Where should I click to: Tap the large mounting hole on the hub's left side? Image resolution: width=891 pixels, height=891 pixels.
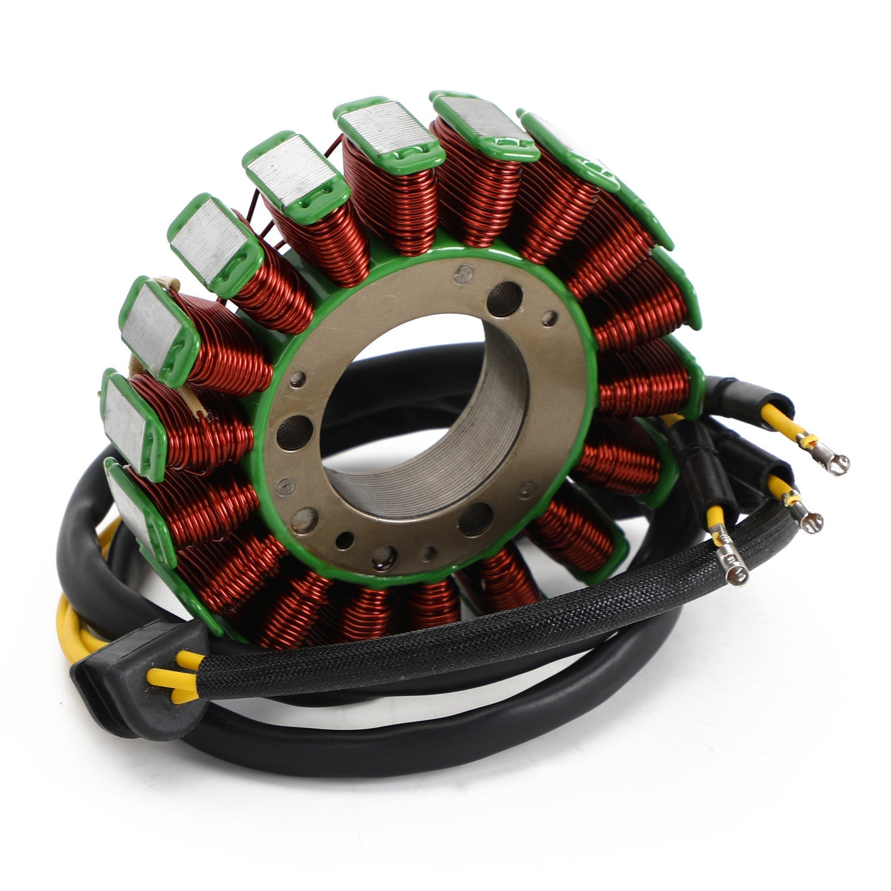coord(293,432)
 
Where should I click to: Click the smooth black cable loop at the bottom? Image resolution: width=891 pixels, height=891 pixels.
coord(390,741)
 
